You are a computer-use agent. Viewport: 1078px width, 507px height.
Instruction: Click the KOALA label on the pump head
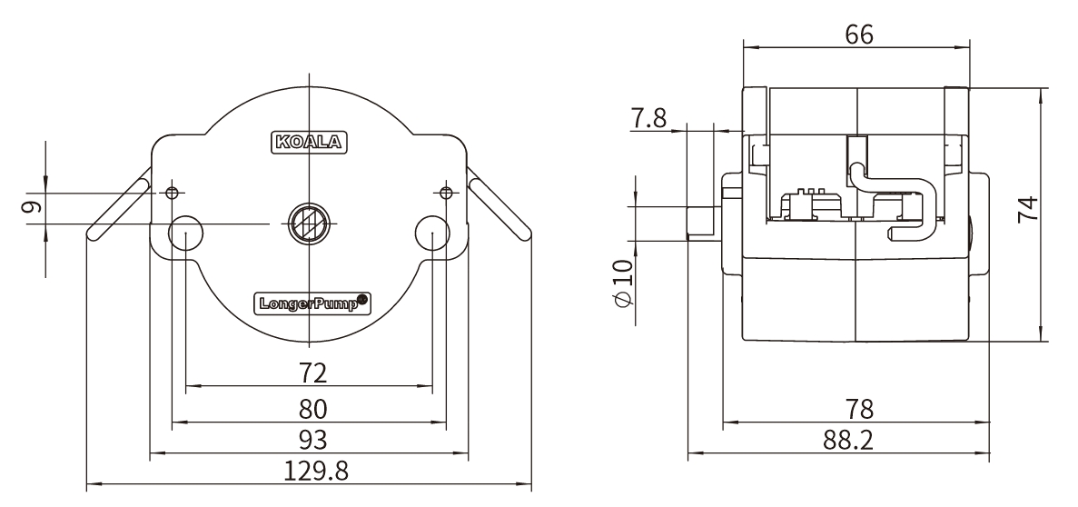(x=310, y=142)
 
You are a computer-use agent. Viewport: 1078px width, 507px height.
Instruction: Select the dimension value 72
(x=313, y=373)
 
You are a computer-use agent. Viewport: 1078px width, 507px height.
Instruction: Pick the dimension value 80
(x=313, y=406)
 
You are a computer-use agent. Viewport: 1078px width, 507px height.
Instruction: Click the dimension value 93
(x=313, y=438)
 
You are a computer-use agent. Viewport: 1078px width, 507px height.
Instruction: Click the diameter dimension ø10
(x=622, y=283)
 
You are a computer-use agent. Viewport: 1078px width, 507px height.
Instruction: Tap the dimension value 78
(x=858, y=407)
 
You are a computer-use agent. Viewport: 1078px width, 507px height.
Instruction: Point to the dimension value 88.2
(x=847, y=440)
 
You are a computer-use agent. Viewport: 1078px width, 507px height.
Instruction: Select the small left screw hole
(x=173, y=192)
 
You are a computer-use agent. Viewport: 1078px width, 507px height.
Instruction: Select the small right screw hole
(x=445, y=192)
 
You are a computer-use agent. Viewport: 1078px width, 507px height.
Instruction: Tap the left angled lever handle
(x=118, y=208)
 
